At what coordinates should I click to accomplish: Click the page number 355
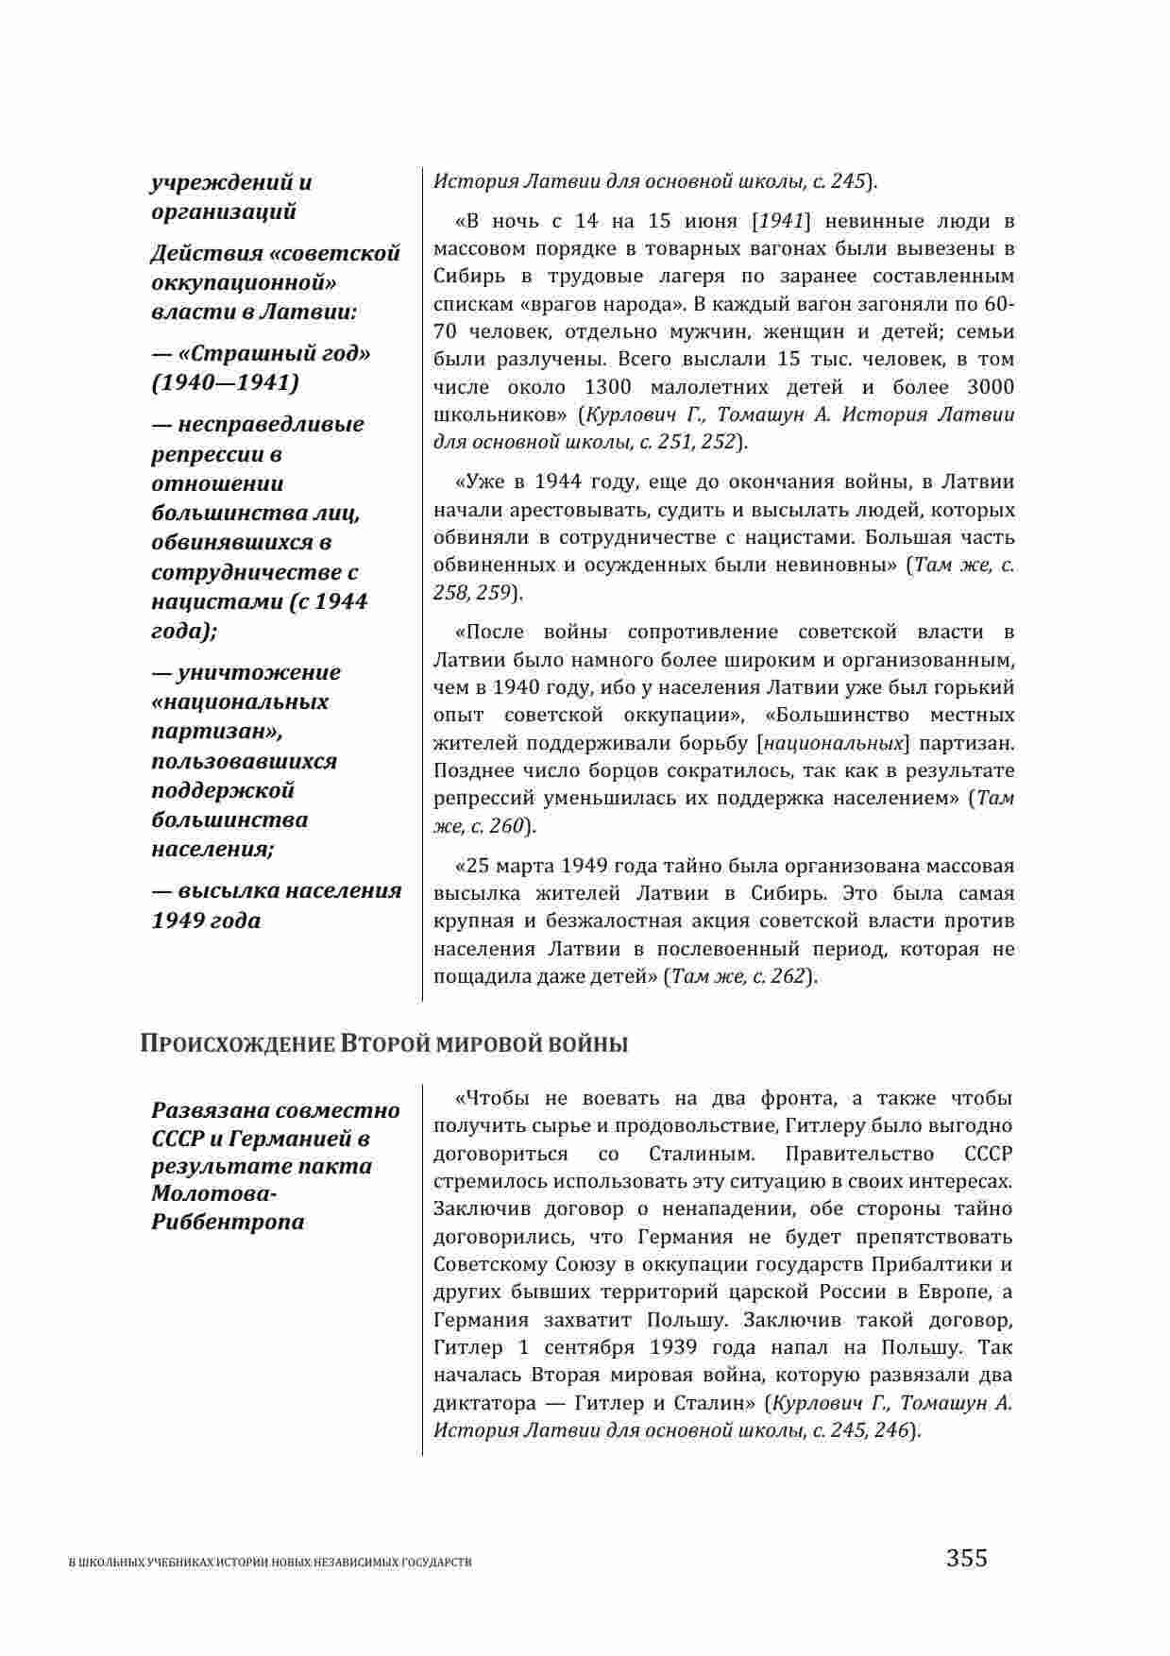[x=967, y=1557]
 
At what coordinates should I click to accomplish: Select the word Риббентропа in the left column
[x=228, y=1222]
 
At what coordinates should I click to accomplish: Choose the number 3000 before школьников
[x=991, y=387]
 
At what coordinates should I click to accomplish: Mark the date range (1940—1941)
[x=225, y=382]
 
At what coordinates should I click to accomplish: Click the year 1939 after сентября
[x=670, y=1347]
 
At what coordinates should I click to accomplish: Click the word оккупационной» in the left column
[x=245, y=283]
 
